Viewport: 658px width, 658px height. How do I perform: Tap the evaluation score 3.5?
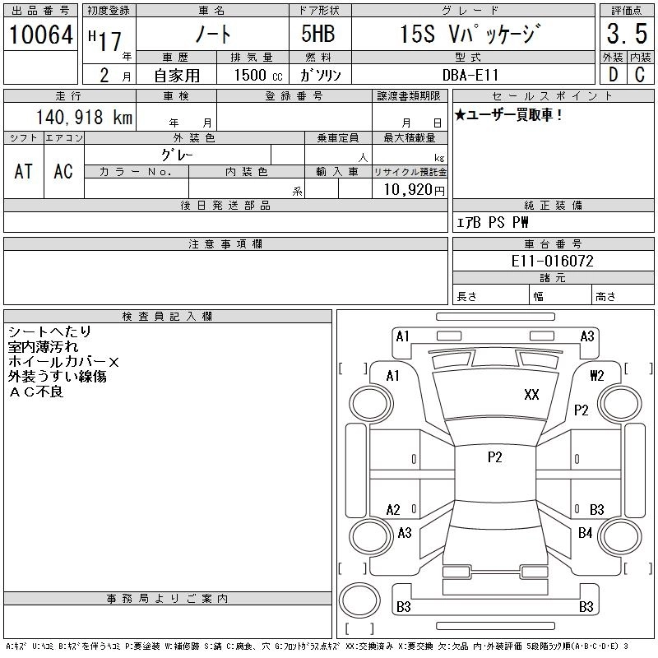click(x=625, y=35)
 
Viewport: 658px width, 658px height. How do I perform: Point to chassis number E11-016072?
click(x=553, y=261)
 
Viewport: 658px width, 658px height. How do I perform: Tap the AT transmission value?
click(x=23, y=170)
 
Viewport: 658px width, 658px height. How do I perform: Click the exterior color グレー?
click(x=178, y=154)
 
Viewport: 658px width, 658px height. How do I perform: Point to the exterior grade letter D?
click(x=613, y=75)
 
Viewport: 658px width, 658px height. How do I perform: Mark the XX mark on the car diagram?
click(x=531, y=395)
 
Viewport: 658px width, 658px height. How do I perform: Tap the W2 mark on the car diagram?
click(x=597, y=376)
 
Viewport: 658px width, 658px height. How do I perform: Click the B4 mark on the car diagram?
click(x=585, y=533)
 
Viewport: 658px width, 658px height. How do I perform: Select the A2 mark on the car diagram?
click(x=393, y=510)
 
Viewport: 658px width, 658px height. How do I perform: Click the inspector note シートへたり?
click(x=49, y=331)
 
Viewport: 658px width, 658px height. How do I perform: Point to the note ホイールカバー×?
click(x=63, y=362)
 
